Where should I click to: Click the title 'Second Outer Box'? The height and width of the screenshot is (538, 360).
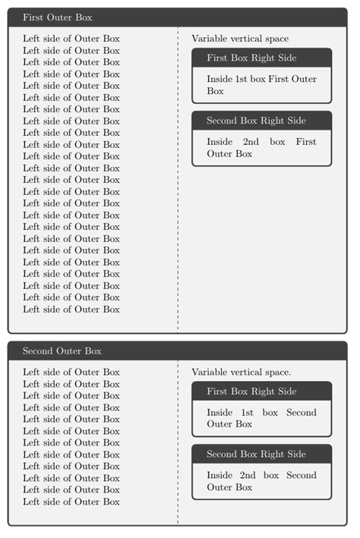(x=62, y=351)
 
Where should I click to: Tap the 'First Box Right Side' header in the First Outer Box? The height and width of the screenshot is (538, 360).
(x=251, y=58)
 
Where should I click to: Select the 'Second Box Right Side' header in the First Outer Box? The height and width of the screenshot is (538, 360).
(x=256, y=121)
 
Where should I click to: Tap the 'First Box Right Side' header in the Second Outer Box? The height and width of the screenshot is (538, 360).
(x=251, y=392)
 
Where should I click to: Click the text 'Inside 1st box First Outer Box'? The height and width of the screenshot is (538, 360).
(x=261, y=85)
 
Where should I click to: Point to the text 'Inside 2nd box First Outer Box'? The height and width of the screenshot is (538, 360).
(x=261, y=148)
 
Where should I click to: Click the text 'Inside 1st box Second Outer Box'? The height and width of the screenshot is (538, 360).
(x=261, y=418)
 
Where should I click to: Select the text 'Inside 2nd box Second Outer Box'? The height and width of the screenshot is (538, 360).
(x=261, y=481)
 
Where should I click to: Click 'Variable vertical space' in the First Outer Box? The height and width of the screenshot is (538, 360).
(x=240, y=39)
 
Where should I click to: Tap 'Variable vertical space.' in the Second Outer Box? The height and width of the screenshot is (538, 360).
(x=242, y=373)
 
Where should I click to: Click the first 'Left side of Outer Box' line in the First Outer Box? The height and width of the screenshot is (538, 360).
(x=71, y=39)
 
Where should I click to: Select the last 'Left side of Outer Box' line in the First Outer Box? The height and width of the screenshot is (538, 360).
(x=71, y=310)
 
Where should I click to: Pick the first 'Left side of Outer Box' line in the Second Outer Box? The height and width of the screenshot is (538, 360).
(x=71, y=373)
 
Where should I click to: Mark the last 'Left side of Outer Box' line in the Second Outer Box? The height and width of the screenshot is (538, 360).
(x=71, y=502)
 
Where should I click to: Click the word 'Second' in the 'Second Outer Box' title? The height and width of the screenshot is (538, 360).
(x=38, y=351)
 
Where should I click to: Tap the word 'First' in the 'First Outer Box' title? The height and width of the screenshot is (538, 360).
(x=33, y=17)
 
